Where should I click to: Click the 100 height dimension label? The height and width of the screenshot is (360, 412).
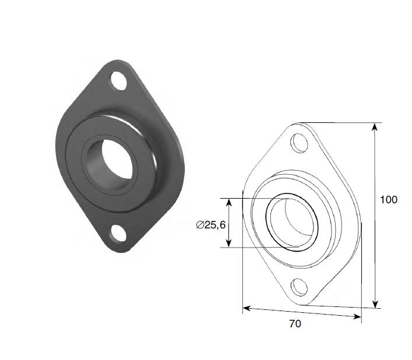[x=389, y=200]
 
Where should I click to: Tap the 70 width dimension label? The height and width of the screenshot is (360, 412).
[x=295, y=324]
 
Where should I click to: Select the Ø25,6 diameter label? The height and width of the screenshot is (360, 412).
[x=211, y=225]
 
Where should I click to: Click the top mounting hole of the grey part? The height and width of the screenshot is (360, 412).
[x=119, y=80]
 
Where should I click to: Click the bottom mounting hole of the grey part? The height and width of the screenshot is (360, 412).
[x=118, y=233]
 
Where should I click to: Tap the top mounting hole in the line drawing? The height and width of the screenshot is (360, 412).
[x=299, y=143]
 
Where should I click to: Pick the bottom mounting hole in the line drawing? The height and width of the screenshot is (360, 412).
[x=299, y=287]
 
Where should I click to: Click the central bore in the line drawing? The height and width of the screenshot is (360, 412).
[x=292, y=222]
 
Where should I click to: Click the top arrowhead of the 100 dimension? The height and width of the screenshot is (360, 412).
[x=375, y=127]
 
